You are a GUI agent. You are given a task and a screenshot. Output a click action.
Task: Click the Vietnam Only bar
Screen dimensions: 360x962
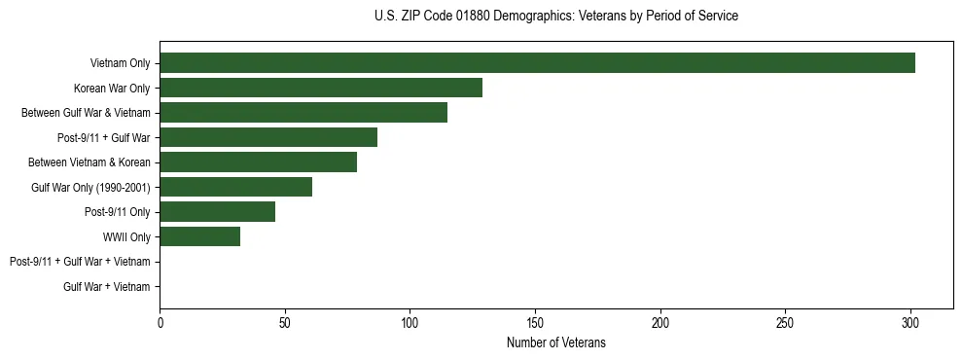pyautogui.click(x=537, y=63)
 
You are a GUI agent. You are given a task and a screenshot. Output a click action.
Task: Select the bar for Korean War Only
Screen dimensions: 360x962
pyautogui.click(x=321, y=89)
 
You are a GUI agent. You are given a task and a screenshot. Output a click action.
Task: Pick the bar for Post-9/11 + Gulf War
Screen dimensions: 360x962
pyautogui.click(x=268, y=137)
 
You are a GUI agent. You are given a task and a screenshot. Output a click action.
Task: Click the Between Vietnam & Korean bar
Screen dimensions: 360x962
pyautogui.click(x=258, y=162)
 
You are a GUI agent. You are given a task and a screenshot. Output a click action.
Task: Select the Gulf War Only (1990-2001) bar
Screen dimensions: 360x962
pyautogui.click(x=235, y=187)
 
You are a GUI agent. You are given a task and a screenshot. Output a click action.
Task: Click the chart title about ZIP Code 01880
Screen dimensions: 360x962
pyautogui.click(x=555, y=17)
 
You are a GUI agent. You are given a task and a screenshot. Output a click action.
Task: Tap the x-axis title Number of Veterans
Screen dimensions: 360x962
pyautogui.click(x=555, y=342)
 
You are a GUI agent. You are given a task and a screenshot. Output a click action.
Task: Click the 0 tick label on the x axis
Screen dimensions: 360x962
pyautogui.click(x=160, y=322)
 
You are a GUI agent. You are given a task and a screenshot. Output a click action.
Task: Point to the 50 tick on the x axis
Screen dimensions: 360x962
pyautogui.click(x=285, y=322)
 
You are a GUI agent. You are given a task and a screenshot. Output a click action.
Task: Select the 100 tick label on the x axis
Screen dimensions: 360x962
pyautogui.click(x=410, y=322)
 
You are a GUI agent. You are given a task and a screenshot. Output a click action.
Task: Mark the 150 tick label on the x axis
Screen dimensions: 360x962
pyautogui.click(x=535, y=322)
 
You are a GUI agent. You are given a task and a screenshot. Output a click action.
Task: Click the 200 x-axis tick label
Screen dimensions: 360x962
pyautogui.click(x=660, y=322)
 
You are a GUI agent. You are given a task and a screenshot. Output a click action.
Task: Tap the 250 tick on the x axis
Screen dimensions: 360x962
pyautogui.click(x=785, y=322)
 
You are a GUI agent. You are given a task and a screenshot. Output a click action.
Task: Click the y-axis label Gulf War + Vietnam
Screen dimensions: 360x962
pyautogui.click(x=107, y=286)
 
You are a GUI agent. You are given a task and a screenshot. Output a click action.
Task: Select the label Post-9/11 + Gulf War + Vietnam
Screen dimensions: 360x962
pyautogui.click(x=80, y=262)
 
